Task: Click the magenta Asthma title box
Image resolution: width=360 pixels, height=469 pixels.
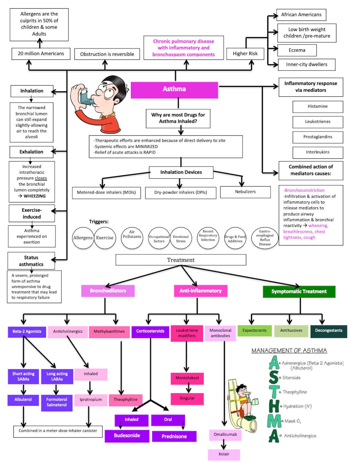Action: [174, 90]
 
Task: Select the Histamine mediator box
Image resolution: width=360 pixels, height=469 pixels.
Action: [317, 107]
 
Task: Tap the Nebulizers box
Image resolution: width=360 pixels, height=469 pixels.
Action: [245, 192]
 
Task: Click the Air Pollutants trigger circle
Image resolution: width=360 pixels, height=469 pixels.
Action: [132, 238]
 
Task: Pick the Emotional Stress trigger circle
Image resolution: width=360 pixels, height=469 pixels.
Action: [181, 238]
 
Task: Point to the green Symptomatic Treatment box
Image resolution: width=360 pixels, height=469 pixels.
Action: [299, 291]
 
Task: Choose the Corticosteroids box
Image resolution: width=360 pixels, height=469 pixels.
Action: [150, 331]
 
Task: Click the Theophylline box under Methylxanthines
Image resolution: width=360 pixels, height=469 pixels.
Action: [125, 399]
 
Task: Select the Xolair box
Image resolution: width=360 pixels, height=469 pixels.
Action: [224, 454]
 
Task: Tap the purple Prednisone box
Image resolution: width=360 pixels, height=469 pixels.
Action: [174, 436]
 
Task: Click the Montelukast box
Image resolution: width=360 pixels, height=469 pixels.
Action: [187, 378]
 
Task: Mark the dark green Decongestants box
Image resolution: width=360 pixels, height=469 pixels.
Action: [329, 331]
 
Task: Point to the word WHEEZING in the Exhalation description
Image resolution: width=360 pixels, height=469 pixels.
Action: [35, 196]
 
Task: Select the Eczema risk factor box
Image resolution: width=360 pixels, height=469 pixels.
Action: [297, 50]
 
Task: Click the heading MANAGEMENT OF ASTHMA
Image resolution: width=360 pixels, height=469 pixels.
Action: [289, 351]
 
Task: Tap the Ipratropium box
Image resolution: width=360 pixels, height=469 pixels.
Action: [91, 399]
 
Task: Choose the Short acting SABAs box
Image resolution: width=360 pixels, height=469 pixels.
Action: [23, 376]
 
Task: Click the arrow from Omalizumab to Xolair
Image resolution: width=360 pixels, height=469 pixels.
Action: [224, 444]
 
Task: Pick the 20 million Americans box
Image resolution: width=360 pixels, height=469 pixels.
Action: [41, 54]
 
